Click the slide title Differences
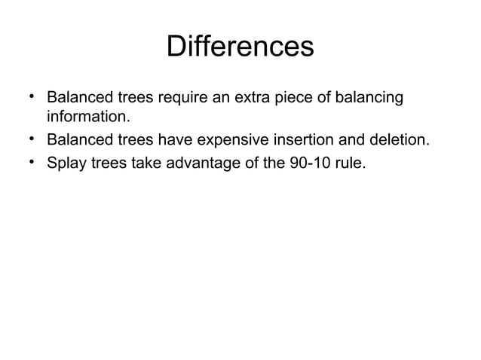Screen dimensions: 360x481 240,47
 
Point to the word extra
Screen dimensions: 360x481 256,98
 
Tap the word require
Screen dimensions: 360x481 181,99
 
